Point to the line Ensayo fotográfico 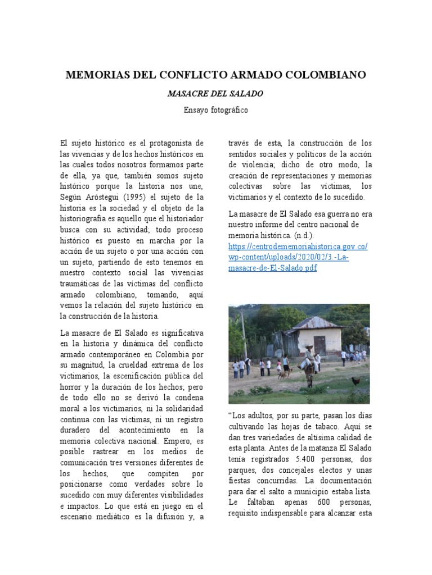pyautogui.click(x=215, y=110)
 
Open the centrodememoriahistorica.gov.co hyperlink pyautogui.click(x=298, y=246)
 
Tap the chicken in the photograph pyautogui.click(x=355, y=381)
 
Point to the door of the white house pyautogui.click(x=319, y=344)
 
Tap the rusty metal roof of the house pyautogui.click(x=318, y=323)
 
